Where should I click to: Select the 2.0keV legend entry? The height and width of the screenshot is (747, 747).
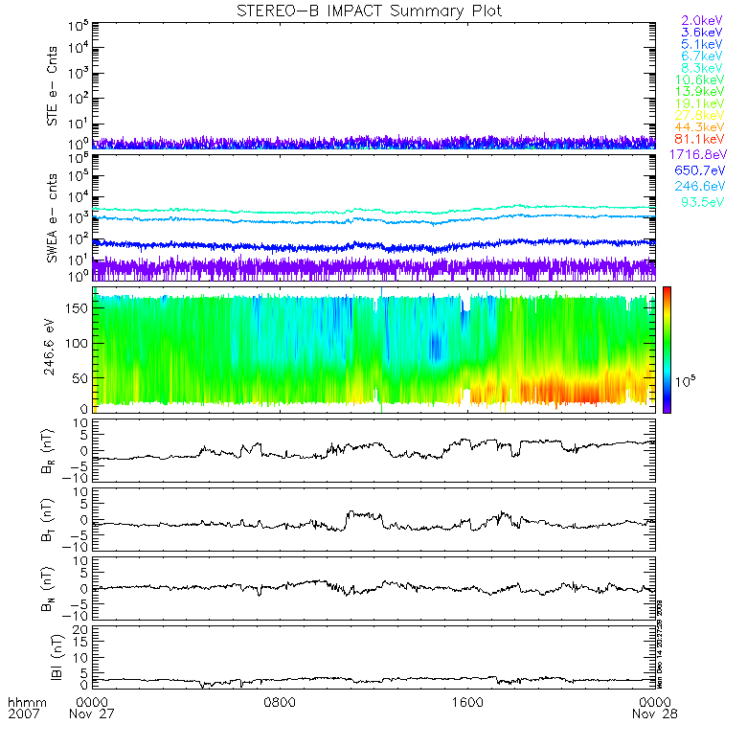(x=700, y=20)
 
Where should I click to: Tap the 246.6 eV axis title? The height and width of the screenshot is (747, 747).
(x=54, y=350)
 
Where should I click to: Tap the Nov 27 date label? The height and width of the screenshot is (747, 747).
(x=94, y=713)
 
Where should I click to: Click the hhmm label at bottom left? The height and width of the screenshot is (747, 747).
(x=21, y=701)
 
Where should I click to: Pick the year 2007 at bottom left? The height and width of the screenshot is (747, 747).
(x=21, y=713)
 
